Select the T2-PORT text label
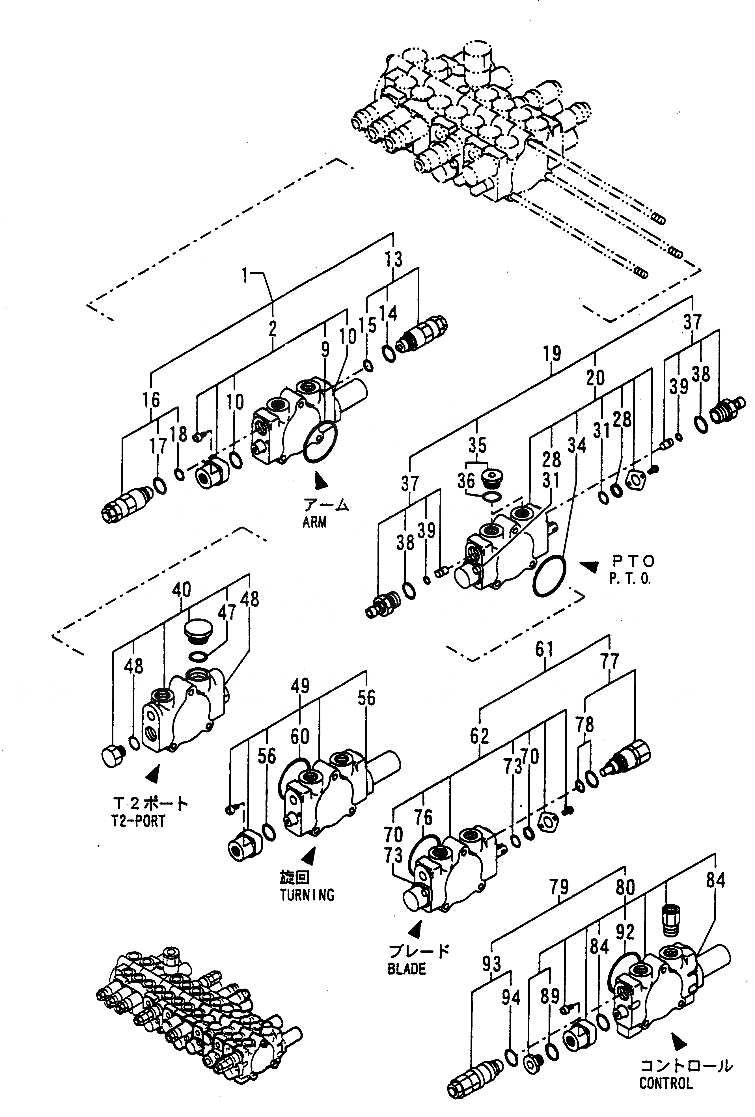coord(138,821)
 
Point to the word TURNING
coord(307,895)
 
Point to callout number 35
coord(477,445)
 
